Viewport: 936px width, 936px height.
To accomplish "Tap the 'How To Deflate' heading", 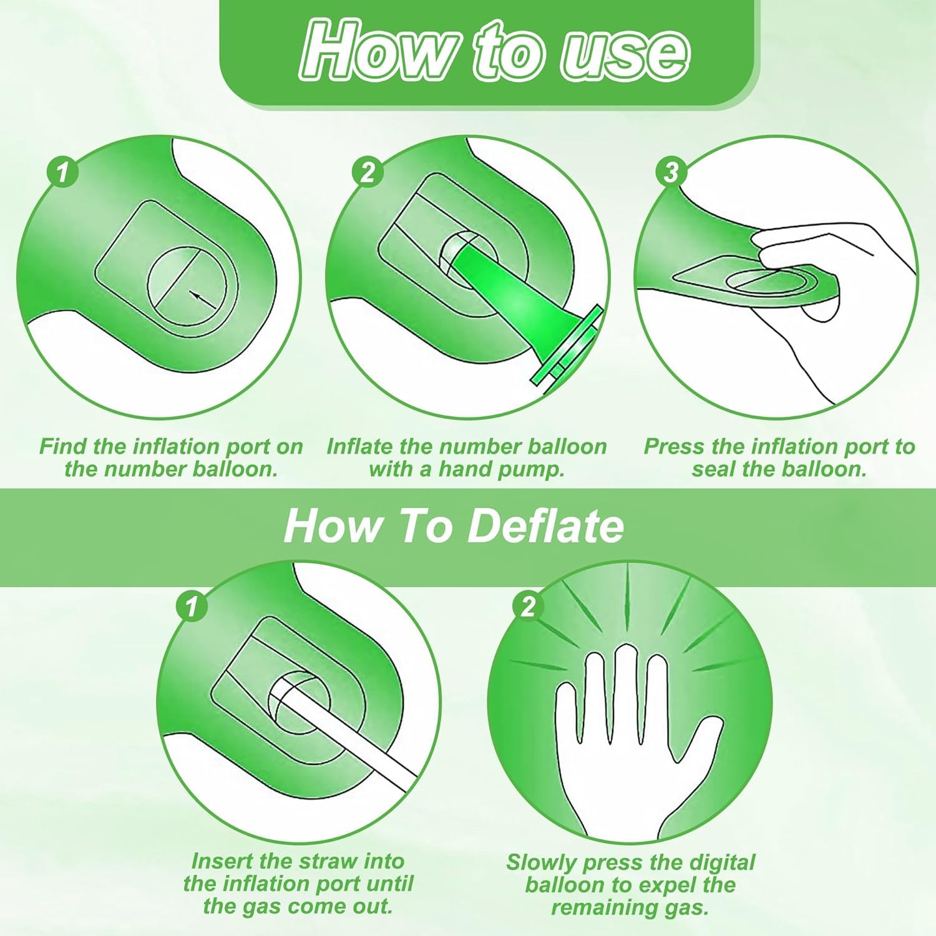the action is pyautogui.click(x=454, y=526).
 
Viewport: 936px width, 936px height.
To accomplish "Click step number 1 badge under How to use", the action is pyautogui.click(x=62, y=172).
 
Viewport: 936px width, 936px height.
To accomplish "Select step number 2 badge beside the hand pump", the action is pyautogui.click(x=368, y=172).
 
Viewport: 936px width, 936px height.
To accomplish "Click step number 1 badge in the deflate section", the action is pyautogui.click(x=192, y=606).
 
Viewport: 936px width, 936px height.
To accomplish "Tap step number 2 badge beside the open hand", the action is pyautogui.click(x=528, y=606).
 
